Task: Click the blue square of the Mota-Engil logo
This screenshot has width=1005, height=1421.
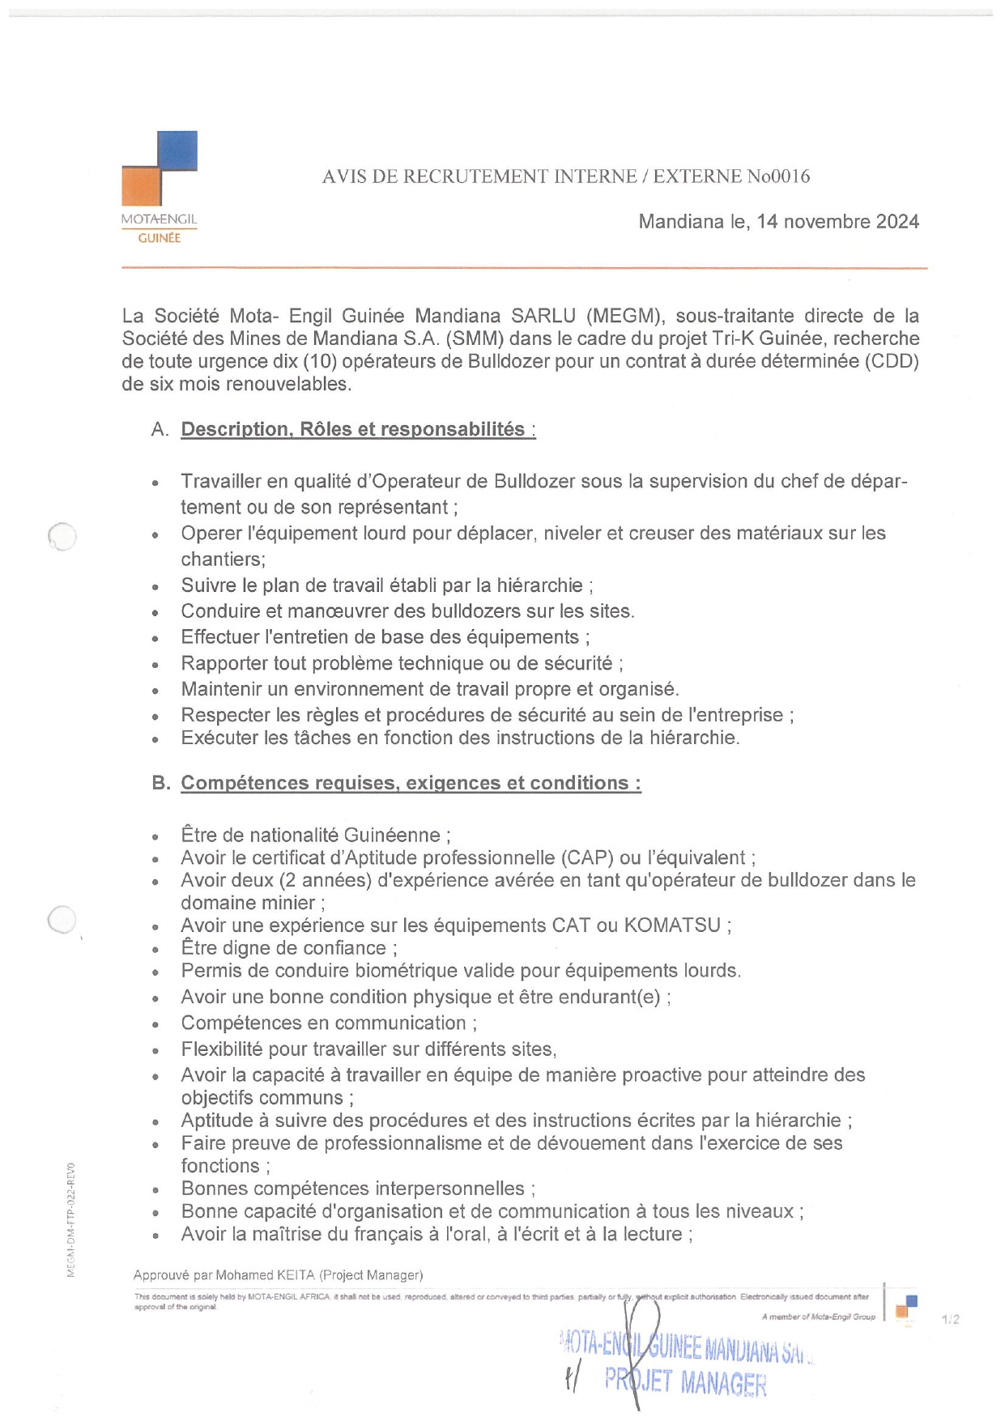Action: pos(177,151)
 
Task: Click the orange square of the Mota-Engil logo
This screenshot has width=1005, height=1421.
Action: pos(141,185)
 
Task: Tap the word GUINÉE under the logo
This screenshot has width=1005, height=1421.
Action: pos(160,238)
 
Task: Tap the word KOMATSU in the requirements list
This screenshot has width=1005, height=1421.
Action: pos(672,925)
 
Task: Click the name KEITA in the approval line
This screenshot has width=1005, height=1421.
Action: pos(296,1275)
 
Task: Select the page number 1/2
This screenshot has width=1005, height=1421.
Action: pos(951,1319)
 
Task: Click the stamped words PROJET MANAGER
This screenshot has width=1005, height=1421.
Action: pos(685,1381)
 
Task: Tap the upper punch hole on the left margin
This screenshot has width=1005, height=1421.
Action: pos(62,536)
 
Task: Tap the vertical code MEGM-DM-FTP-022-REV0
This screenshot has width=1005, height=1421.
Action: pos(71,1219)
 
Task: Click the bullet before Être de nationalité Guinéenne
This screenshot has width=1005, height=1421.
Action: pos(155,837)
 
